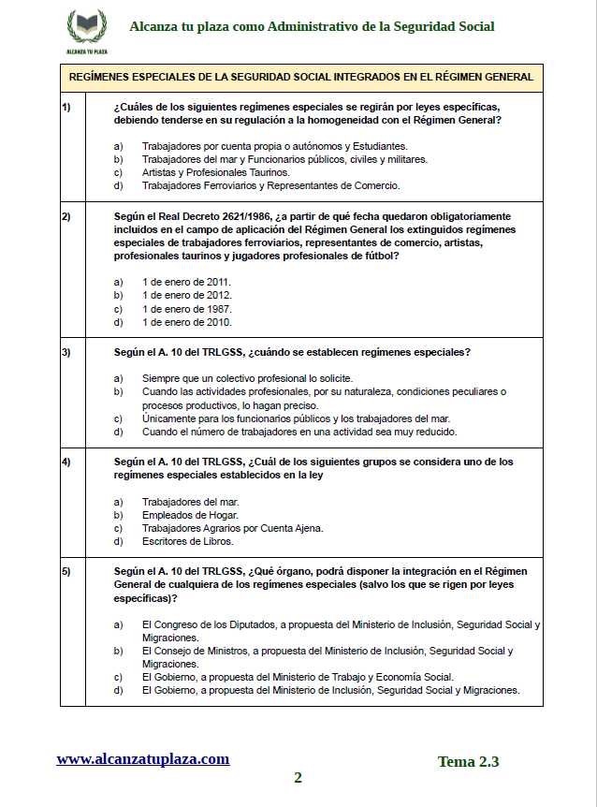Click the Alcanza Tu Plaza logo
point(87,30)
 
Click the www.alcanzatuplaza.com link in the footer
point(142,759)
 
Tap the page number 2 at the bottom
point(298,778)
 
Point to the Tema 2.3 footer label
point(468,762)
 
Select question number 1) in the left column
point(66,107)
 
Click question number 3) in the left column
point(66,353)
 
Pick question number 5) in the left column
point(66,571)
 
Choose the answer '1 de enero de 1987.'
point(187,309)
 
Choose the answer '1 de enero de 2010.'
point(187,322)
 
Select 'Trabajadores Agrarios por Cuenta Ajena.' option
point(233,528)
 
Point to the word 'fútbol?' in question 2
point(380,256)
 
